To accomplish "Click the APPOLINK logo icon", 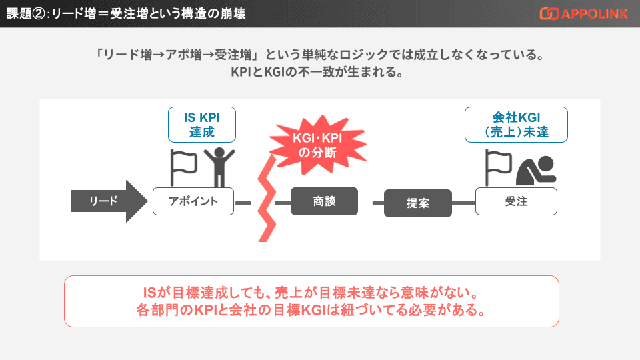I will pos(549,13).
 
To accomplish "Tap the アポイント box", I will pos(193,201).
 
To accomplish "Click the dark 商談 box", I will pos(324,201).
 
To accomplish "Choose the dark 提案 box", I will pos(418,203).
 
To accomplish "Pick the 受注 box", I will pos(516,201).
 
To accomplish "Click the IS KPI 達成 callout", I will pos(202,125).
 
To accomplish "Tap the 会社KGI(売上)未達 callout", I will pos(516,125).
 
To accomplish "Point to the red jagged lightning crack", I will pos(267,200).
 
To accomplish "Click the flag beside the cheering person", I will pos(183,167).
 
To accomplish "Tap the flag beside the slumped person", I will pos(497,167).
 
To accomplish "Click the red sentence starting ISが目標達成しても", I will pos(311,293).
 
